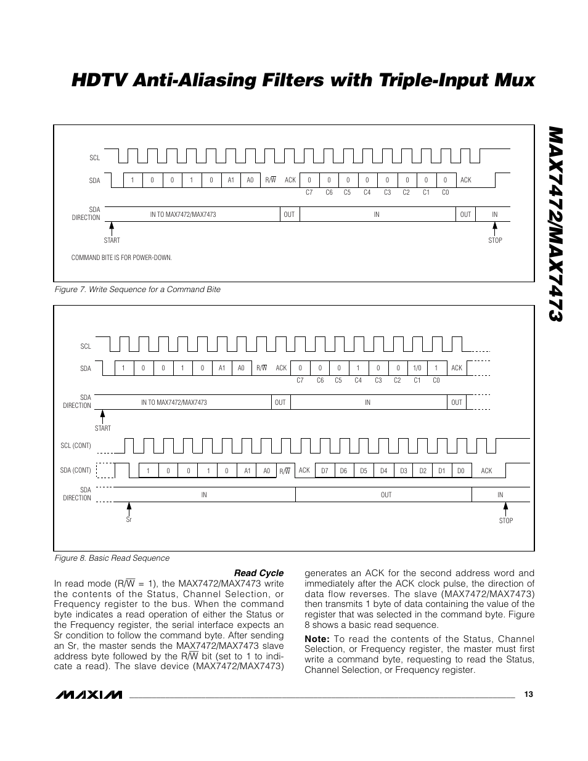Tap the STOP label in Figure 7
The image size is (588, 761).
tap(495, 240)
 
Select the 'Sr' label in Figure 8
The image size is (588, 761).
tap(129, 520)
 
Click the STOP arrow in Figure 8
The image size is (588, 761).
tap(505, 508)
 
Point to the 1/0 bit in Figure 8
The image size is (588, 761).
tap(417, 368)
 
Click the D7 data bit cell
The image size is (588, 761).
tap(325, 471)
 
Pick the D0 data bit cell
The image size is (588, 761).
tap(460, 471)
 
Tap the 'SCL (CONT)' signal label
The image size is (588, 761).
tap(76, 446)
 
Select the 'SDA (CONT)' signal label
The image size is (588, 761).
tap(76, 470)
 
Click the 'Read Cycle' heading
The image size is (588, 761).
tap(259, 573)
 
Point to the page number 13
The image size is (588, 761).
tap(528, 694)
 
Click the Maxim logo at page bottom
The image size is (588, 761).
tap(89, 695)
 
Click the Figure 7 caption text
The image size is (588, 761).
tap(137, 290)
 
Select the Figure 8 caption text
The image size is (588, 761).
tap(112, 558)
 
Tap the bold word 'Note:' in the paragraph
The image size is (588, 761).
tap(317, 639)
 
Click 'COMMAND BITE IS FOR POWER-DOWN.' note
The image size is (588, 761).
tap(121, 258)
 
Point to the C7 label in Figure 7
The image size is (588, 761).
tap(309, 192)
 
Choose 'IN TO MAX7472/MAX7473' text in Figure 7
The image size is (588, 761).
tap(183, 214)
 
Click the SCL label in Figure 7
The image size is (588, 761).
tap(94, 158)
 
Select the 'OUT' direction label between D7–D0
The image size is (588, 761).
tap(386, 495)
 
